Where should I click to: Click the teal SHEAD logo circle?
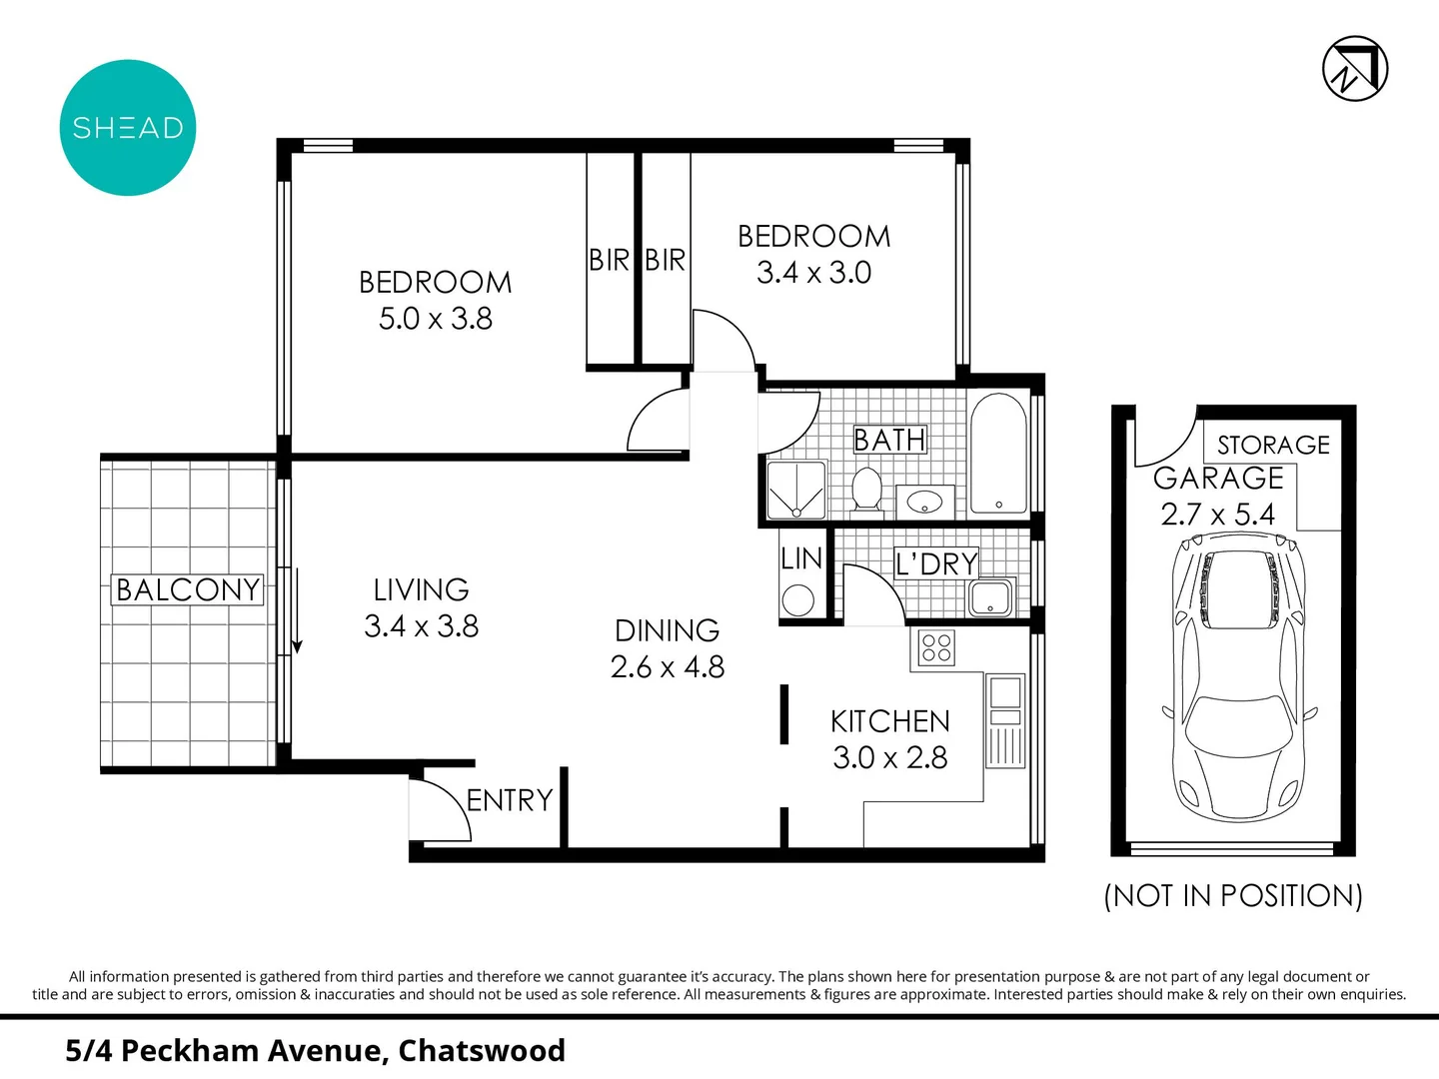pos(128,128)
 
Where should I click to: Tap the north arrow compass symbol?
pos(1355,69)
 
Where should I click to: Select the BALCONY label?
pos(188,589)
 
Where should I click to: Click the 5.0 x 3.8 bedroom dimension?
pos(436,319)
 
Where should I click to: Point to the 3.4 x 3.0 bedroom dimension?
pos(813,273)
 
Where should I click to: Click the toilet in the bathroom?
pos(865,490)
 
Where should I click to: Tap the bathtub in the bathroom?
pos(998,455)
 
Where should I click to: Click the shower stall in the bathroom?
pos(795,490)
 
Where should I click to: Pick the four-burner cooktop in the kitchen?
pos(936,648)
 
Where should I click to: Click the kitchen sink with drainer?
pos(1005,720)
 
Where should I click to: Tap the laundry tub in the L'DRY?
pos(990,597)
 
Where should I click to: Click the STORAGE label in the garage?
pos(1273,445)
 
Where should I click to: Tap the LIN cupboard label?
pos(801,559)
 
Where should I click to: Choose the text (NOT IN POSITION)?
pos(1233,895)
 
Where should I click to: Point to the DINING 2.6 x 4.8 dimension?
pos(668,666)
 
